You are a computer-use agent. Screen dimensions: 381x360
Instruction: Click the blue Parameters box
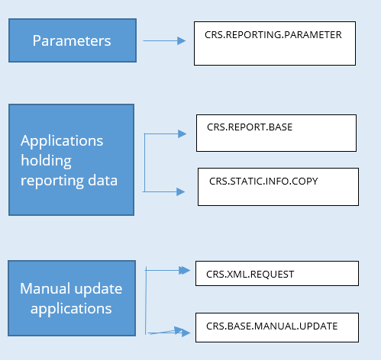(x=73, y=40)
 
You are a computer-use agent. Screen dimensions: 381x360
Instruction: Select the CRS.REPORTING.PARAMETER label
(x=273, y=35)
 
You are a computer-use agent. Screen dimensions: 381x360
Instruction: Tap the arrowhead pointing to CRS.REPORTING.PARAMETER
(x=182, y=40)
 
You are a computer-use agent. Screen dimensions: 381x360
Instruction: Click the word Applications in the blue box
(x=62, y=140)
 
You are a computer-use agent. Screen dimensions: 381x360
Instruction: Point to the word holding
(x=46, y=161)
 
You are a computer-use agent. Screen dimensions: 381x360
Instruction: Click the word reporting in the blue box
(x=52, y=181)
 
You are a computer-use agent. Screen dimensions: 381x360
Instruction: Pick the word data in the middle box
(x=103, y=180)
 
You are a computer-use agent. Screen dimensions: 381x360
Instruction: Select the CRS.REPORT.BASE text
(x=250, y=127)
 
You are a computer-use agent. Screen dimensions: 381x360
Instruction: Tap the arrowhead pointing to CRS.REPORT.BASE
(x=182, y=133)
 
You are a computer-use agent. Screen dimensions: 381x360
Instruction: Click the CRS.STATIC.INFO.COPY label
(x=263, y=181)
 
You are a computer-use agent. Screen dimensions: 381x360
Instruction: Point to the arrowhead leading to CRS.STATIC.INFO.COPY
(x=181, y=191)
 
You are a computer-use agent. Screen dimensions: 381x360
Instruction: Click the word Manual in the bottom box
(x=45, y=288)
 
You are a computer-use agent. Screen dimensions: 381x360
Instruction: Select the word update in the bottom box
(x=98, y=289)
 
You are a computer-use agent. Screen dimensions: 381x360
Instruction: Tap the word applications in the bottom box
(x=71, y=309)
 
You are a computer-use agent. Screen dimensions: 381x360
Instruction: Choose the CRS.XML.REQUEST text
(x=250, y=275)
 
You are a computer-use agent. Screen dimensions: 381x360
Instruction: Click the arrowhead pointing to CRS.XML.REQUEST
(x=185, y=270)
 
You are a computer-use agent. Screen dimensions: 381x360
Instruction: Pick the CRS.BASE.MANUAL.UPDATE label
(x=272, y=326)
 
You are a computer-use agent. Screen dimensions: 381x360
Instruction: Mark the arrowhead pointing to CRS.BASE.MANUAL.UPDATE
(x=186, y=333)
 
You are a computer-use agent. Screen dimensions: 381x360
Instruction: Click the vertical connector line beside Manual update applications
(x=146, y=301)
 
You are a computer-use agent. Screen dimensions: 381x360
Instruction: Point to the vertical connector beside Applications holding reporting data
(x=144, y=162)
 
